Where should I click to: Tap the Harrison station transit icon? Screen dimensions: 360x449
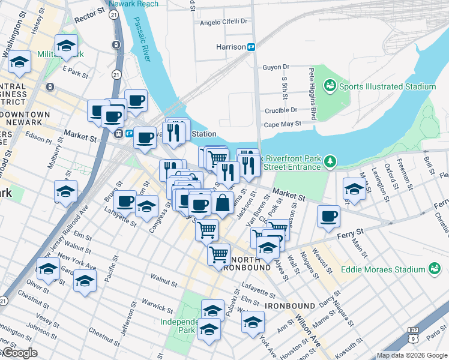coord(252,47)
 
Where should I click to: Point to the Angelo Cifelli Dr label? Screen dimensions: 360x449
coord(223,22)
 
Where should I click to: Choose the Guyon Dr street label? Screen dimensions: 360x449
coord(276,67)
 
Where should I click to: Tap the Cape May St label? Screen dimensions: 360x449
coord(282,125)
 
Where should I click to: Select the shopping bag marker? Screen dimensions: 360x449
coord(222,203)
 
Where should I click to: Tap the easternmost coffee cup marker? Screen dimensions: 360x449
coord(328,216)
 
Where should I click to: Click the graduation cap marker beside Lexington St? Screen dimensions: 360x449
coord(354,188)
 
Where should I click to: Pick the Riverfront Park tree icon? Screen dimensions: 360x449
coord(330,161)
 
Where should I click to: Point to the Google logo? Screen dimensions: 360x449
coord(19,353)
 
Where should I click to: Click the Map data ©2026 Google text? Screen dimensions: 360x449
coord(411,355)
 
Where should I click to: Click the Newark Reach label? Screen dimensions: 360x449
coord(139,4)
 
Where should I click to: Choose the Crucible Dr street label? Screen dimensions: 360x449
coord(281,110)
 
